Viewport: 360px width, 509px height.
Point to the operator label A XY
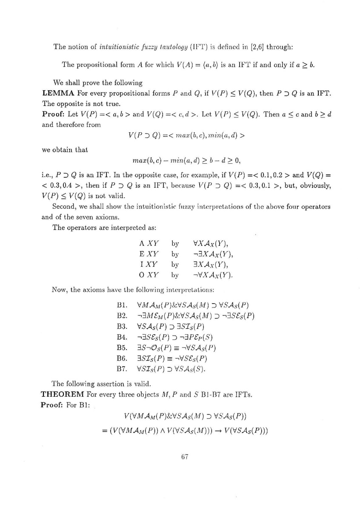click(149, 244)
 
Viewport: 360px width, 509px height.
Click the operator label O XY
click(149, 275)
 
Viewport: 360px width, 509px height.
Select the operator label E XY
click(149, 254)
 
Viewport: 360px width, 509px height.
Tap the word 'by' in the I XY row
click(175, 264)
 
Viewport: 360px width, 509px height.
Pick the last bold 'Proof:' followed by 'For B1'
click(52, 405)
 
